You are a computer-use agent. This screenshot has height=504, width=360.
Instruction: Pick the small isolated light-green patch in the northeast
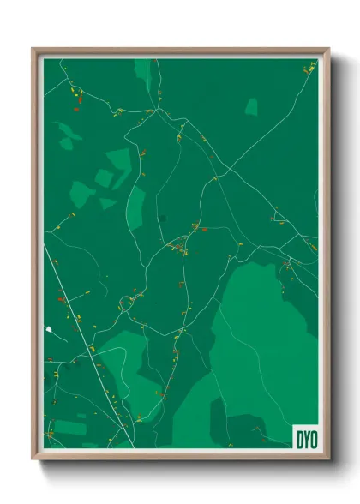coord(251,106)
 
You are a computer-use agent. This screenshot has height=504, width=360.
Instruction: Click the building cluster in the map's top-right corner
coord(309,66)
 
